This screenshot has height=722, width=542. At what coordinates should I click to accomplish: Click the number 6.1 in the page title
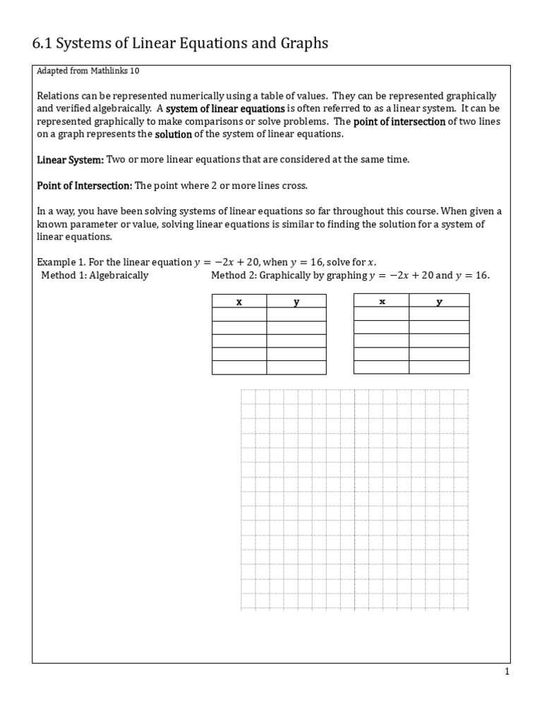42,44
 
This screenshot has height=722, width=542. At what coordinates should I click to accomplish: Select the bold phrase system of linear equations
225,109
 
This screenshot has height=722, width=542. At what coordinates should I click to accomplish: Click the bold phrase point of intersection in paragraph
399,121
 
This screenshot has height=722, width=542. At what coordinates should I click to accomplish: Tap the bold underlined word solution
173,134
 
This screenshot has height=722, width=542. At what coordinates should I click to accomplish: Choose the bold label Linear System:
70,160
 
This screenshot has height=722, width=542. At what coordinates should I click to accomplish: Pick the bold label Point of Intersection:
84,185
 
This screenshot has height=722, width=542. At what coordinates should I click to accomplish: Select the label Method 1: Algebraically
94,275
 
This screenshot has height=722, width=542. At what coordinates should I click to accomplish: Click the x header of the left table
239,301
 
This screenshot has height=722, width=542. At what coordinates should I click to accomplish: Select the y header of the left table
296,301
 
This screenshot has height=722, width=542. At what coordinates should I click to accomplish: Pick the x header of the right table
382,301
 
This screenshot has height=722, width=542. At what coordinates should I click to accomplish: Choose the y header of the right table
439,301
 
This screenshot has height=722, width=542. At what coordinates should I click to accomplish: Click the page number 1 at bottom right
507,672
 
